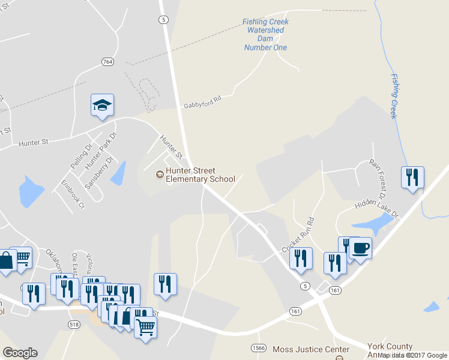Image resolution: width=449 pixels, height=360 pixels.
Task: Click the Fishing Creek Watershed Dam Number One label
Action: tap(265, 35)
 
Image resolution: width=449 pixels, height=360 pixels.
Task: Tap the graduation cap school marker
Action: tap(102, 106)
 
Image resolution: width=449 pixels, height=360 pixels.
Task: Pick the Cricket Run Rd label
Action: tap(302, 233)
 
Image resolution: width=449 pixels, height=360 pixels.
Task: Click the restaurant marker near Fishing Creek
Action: tap(412, 177)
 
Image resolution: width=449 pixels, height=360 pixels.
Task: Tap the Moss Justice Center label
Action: tap(310, 349)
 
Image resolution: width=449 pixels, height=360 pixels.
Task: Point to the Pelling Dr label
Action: tap(81, 155)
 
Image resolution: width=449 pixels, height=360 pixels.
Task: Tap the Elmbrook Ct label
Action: tap(73, 194)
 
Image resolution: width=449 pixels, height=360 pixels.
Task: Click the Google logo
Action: tap(20, 353)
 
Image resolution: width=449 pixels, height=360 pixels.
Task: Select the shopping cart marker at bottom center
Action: tap(145, 328)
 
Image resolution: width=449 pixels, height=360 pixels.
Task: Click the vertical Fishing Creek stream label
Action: tap(394, 96)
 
